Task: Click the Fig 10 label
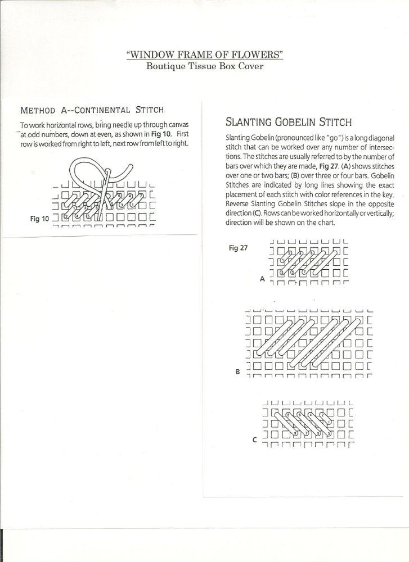click(x=39, y=219)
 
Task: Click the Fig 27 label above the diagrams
click(x=239, y=248)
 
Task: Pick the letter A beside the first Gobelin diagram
click(x=262, y=278)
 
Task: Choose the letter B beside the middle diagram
click(x=239, y=372)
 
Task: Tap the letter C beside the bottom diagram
click(x=255, y=440)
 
